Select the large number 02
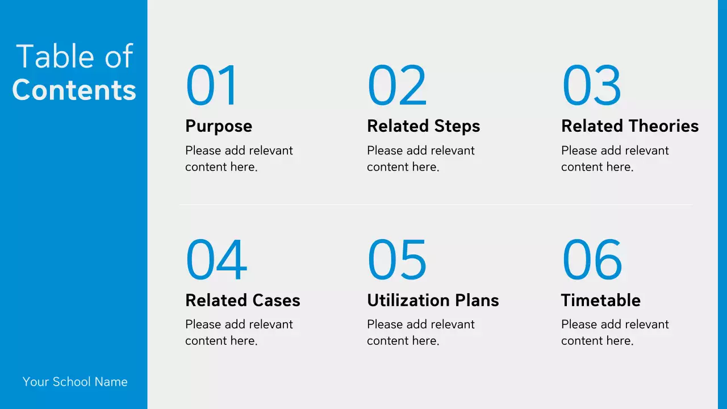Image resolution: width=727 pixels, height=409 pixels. click(x=397, y=86)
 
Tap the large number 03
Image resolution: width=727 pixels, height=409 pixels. click(x=591, y=86)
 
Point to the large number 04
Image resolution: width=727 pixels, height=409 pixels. click(x=216, y=260)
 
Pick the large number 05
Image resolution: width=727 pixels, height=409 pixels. click(x=397, y=260)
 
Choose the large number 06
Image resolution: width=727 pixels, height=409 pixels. click(x=592, y=260)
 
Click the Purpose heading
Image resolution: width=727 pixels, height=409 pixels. click(x=219, y=126)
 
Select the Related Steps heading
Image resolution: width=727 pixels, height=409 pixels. click(x=423, y=126)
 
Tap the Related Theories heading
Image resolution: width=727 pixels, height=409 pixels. click(x=630, y=126)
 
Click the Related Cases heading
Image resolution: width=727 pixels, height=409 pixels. click(x=243, y=301)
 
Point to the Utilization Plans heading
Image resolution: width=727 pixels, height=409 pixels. click(x=433, y=301)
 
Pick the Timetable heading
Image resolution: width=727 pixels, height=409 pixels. click(x=600, y=301)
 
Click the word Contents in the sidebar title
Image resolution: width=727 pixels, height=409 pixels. click(x=74, y=90)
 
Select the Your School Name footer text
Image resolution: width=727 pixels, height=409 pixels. click(x=75, y=382)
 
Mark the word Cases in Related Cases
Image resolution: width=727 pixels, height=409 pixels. click(x=277, y=301)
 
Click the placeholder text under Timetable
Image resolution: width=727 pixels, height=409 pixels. click(x=615, y=332)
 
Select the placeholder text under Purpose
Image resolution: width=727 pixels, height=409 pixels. click(x=239, y=158)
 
